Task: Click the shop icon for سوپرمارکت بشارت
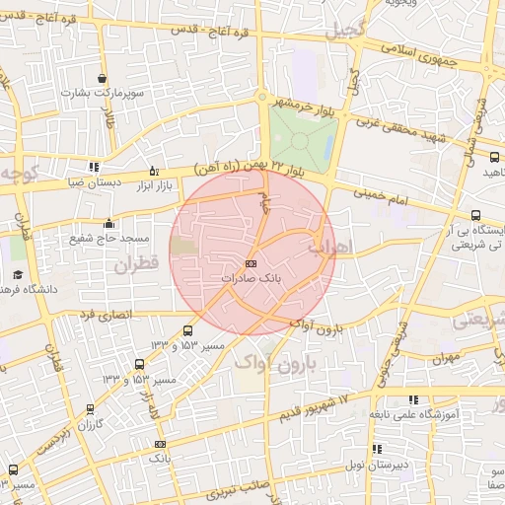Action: pyautogui.click(x=103, y=78)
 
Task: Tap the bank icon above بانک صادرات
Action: pyautogui.click(x=250, y=264)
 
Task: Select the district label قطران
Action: pyautogui.click(x=136, y=264)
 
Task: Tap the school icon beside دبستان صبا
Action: pyautogui.click(x=94, y=167)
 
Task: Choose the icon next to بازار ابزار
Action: pyautogui.click(x=152, y=169)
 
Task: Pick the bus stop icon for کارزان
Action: pyautogui.click(x=91, y=407)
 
